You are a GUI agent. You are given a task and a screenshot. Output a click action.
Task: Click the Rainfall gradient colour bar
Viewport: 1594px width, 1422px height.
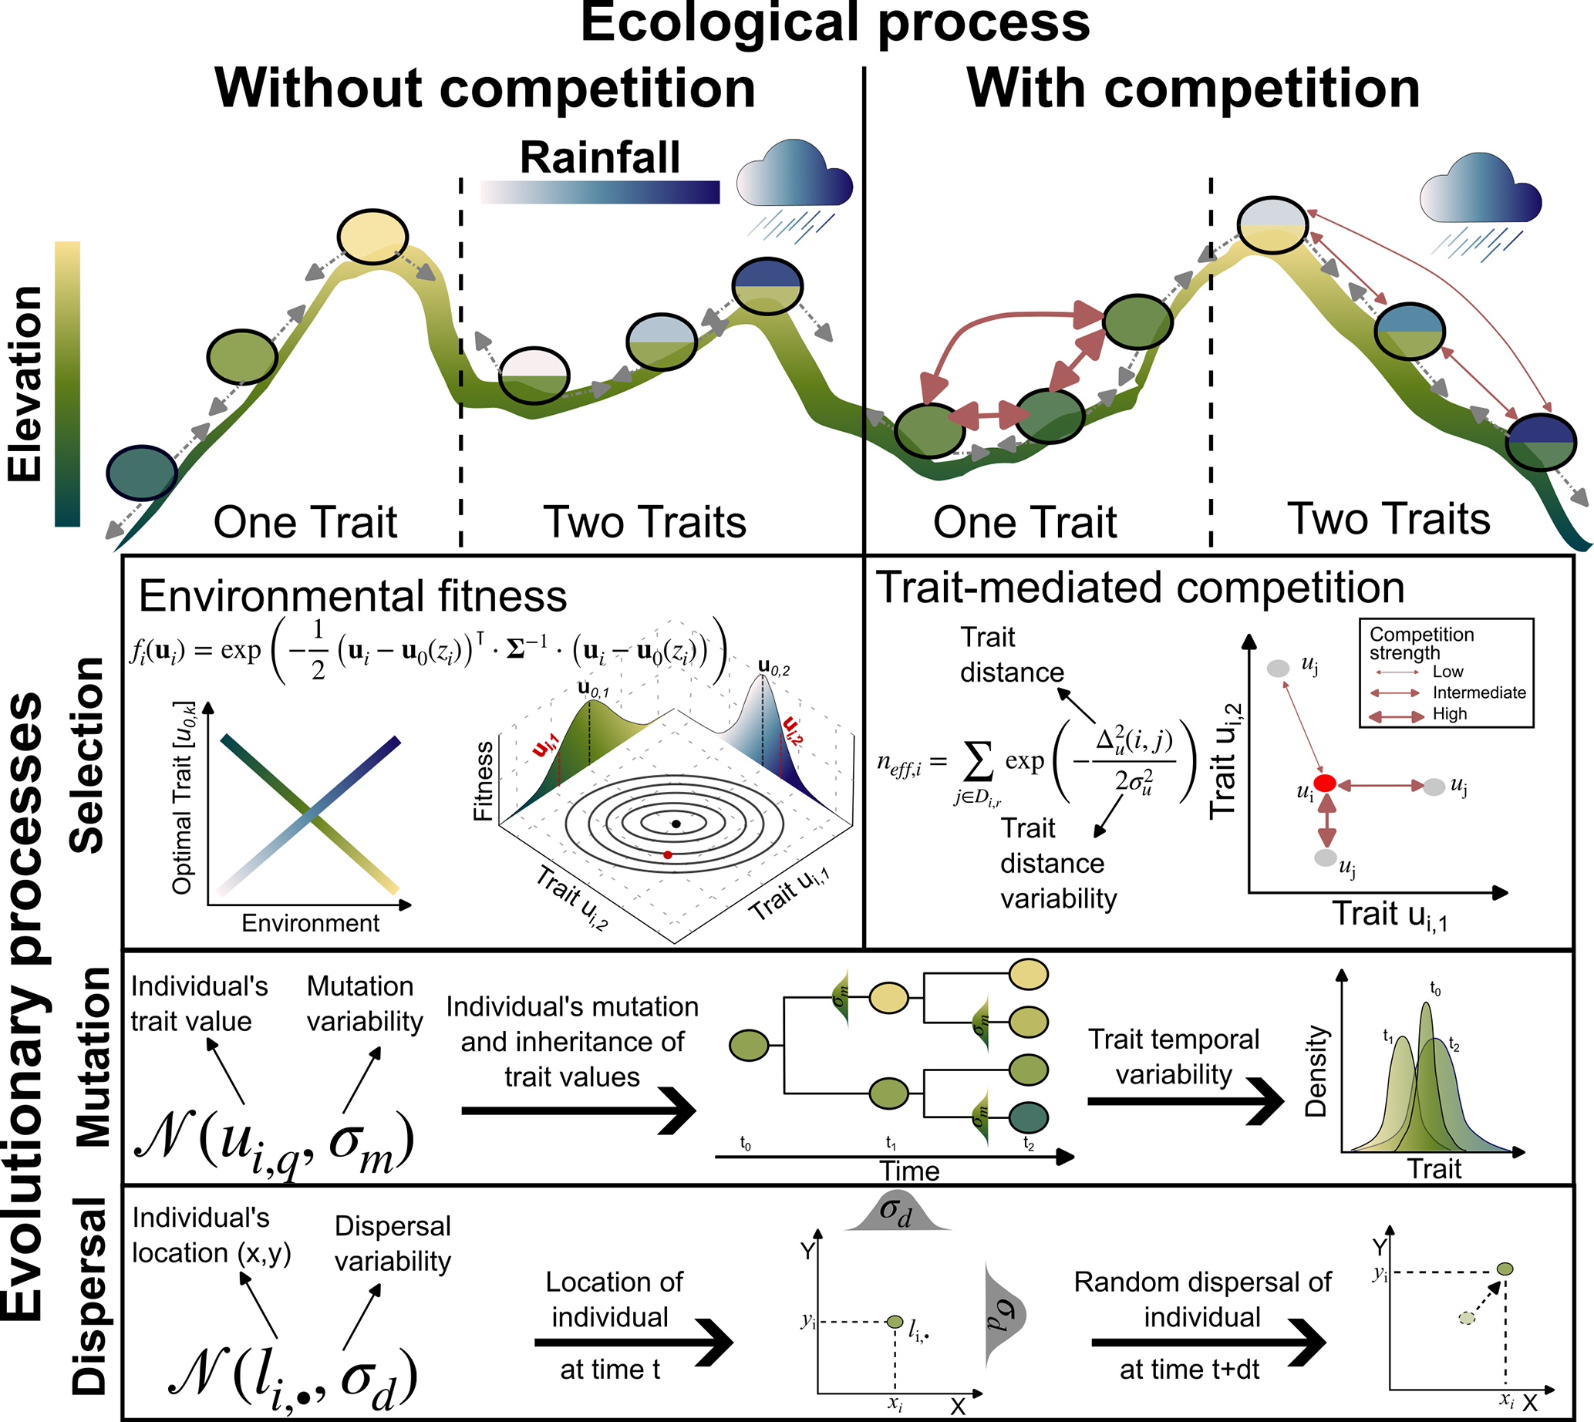(x=599, y=192)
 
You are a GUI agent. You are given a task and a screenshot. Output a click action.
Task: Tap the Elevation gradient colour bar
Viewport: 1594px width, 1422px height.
(x=67, y=382)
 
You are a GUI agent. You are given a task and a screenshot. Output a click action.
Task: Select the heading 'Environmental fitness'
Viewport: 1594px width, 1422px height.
(x=352, y=596)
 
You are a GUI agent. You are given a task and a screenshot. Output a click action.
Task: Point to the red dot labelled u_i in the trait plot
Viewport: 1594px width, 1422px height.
(x=1325, y=783)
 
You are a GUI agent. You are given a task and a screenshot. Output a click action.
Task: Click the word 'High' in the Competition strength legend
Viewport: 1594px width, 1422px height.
(x=1450, y=714)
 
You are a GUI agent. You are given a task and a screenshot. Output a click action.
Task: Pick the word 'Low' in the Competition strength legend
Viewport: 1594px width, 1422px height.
(x=1448, y=672)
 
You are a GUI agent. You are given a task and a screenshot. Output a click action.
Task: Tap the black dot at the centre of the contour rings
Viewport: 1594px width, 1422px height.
(x=676, y=824)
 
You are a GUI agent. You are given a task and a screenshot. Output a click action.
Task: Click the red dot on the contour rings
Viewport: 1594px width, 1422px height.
(x=667, y=855)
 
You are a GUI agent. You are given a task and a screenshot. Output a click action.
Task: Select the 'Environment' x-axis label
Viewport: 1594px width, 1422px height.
(x=310, y=923)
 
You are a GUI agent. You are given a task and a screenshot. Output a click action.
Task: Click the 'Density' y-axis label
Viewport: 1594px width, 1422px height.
(x=1316, y=1070)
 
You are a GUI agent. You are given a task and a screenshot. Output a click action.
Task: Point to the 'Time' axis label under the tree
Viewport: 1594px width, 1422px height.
(x=909, y=1171)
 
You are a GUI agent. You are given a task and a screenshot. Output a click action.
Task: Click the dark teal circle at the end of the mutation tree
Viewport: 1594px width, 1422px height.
(x=1028, y=1117)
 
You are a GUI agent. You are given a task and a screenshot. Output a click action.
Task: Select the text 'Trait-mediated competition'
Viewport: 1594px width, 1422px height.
(x=1139, y=588)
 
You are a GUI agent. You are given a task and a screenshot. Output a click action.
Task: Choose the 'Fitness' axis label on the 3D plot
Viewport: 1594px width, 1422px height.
(x=484, y=780)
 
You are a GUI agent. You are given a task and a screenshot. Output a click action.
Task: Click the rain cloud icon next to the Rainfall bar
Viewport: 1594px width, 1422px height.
(x=794, y=180)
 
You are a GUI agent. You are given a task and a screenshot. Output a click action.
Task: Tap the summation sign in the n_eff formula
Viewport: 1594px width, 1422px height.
(x=979, y=763)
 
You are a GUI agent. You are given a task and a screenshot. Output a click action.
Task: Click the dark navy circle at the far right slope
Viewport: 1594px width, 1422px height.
(x=1540, y=441)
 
